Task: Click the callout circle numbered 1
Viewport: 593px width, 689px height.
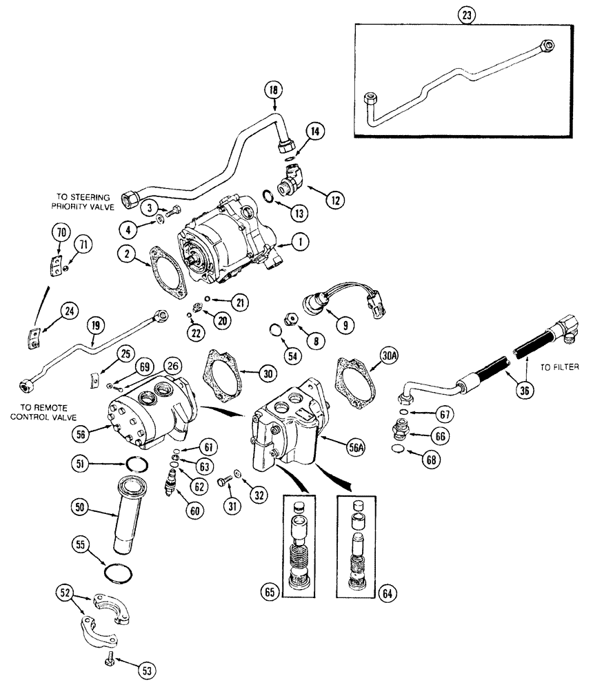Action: (301, 243)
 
